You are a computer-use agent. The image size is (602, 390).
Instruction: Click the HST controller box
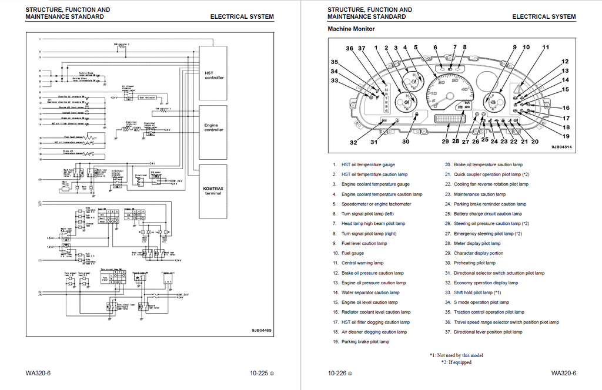[214, 76]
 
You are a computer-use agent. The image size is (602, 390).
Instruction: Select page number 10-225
[262, 373]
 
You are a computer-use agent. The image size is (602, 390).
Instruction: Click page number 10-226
[340, 373]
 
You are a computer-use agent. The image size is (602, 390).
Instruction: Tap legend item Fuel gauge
[352, 253]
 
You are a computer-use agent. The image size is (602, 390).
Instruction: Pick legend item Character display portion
[478, 253]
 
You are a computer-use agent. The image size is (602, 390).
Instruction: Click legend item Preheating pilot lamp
[474, 263]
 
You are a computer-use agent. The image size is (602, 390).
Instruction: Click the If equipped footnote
[456, 363]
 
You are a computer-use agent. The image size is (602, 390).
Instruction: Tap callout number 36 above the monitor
[350, 48]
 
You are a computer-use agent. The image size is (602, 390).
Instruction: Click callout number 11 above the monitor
[546, 47]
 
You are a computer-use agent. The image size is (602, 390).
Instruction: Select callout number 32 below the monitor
[353, 142]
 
